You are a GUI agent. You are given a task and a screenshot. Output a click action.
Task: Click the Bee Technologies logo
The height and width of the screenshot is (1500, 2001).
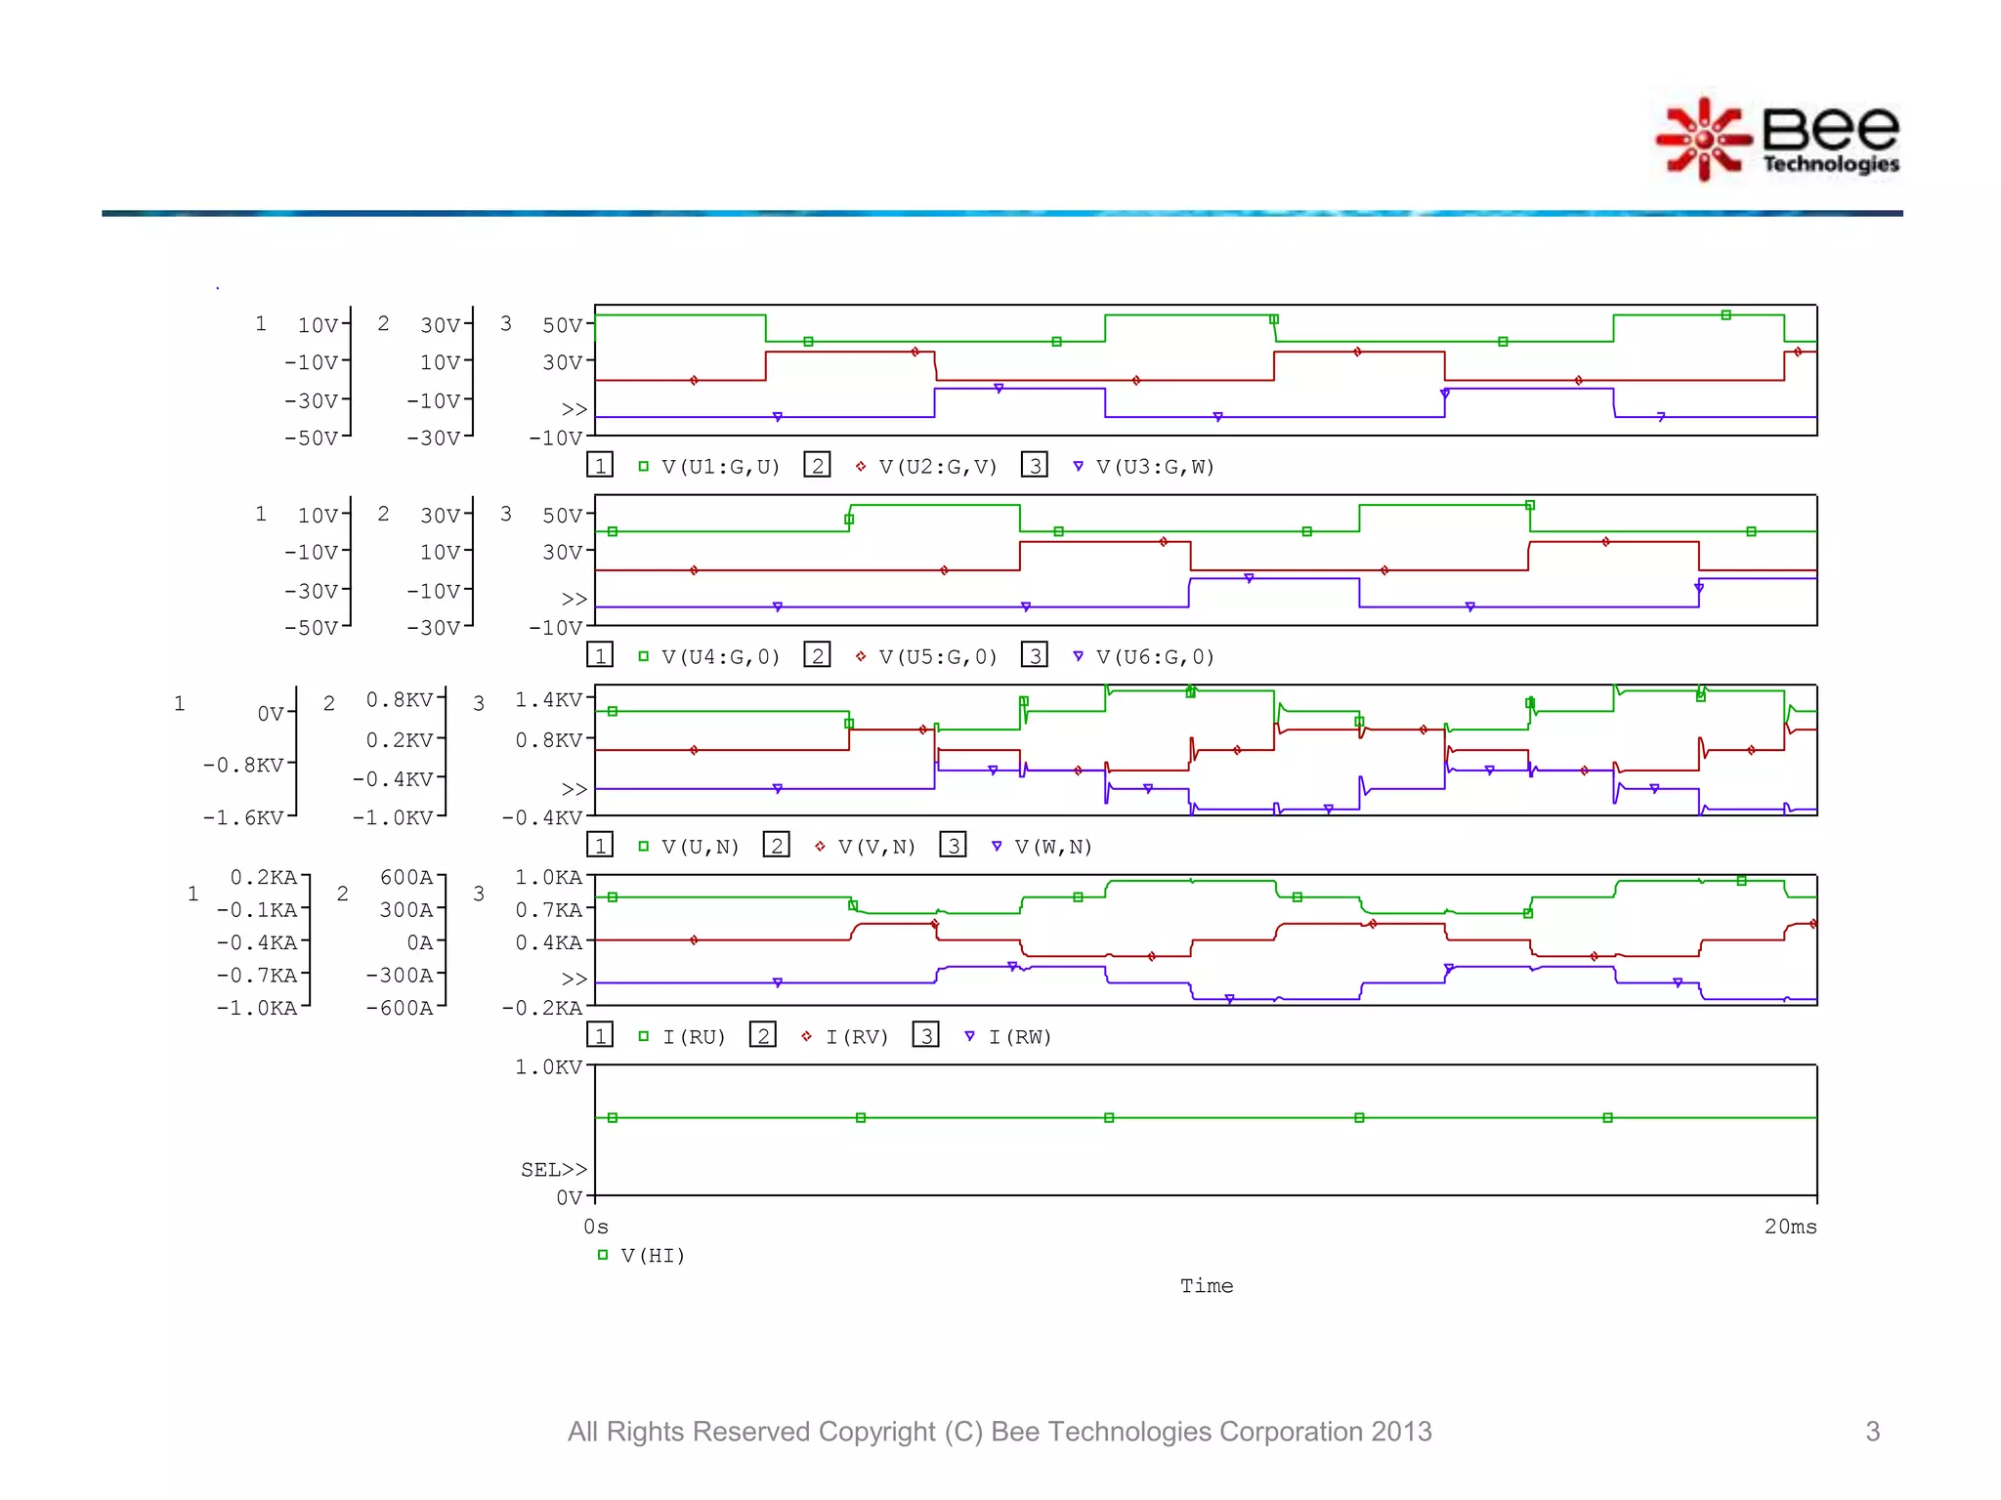tap(1776, 140)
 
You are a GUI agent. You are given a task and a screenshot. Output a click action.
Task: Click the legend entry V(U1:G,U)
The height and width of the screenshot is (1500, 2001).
tap(720, 467)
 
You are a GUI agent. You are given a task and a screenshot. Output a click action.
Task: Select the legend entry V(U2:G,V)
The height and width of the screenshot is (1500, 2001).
tap(937, 467)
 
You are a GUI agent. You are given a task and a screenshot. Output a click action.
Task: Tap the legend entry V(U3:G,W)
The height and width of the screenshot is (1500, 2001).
tap(1154, 467)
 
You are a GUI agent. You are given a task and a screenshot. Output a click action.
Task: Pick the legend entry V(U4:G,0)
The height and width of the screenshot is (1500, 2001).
tap(720, 657)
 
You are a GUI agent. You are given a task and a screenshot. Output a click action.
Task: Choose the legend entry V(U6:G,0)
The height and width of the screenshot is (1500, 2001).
tap(1154, 657)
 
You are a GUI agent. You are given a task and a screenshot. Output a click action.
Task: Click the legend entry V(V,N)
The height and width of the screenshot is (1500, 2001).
tap(876, 847)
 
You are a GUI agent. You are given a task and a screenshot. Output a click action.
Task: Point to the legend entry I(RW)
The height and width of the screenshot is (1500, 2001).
tap(1019, 1037)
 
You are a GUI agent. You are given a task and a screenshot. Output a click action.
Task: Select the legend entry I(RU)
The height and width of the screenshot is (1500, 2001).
tap(694, 1037)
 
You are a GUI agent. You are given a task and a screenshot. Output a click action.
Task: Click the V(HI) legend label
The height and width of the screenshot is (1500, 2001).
tap(653, 1256)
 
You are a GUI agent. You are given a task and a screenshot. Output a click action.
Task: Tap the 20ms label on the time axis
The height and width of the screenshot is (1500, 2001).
tap(1790, 1227)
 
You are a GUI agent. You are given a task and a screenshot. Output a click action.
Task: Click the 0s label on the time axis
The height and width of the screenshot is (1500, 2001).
tap(596, 1227)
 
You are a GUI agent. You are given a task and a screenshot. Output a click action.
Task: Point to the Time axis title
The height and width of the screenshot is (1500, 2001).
tap(1207, 1286)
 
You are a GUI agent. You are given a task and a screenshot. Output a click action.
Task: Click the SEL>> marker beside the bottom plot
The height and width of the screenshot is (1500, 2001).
tap(554, 1169)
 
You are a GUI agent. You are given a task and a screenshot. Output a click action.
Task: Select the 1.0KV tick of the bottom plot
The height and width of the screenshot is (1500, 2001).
tap(548, 1067)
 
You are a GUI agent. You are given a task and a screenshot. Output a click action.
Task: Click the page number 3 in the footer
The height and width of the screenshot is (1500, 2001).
tap(1872, 1432)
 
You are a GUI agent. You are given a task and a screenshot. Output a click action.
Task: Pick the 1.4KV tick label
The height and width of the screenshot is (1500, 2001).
tap(548, 700)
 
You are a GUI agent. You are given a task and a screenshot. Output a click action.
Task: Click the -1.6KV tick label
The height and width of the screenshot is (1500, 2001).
tap(243, 817)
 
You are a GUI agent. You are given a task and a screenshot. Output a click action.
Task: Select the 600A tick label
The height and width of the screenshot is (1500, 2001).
tap(406, 877)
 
